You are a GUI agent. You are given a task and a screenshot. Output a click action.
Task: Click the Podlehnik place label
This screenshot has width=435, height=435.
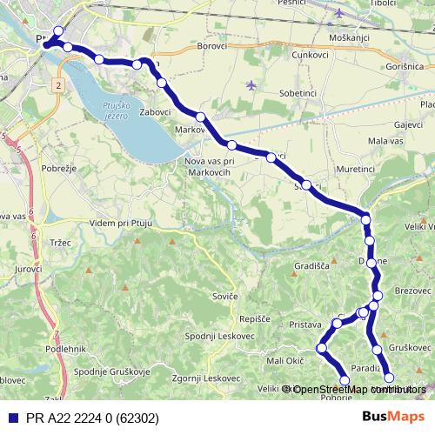40,349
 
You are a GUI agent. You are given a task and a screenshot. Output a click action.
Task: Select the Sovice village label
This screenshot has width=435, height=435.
225,297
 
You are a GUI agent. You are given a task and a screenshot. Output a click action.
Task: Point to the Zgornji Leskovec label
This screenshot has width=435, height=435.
206,378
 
